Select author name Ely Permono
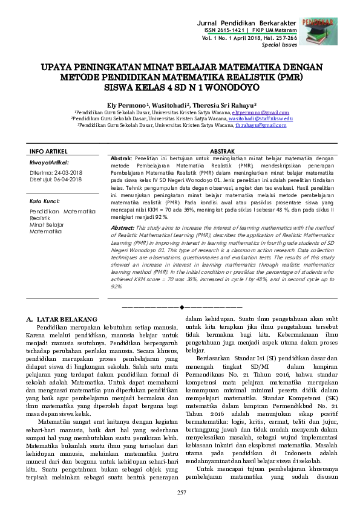pos(126,104)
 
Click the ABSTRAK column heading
pos(221,151)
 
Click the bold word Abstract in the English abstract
pos(123,227)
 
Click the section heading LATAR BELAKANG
pos(67,318)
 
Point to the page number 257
pos(180,494)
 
